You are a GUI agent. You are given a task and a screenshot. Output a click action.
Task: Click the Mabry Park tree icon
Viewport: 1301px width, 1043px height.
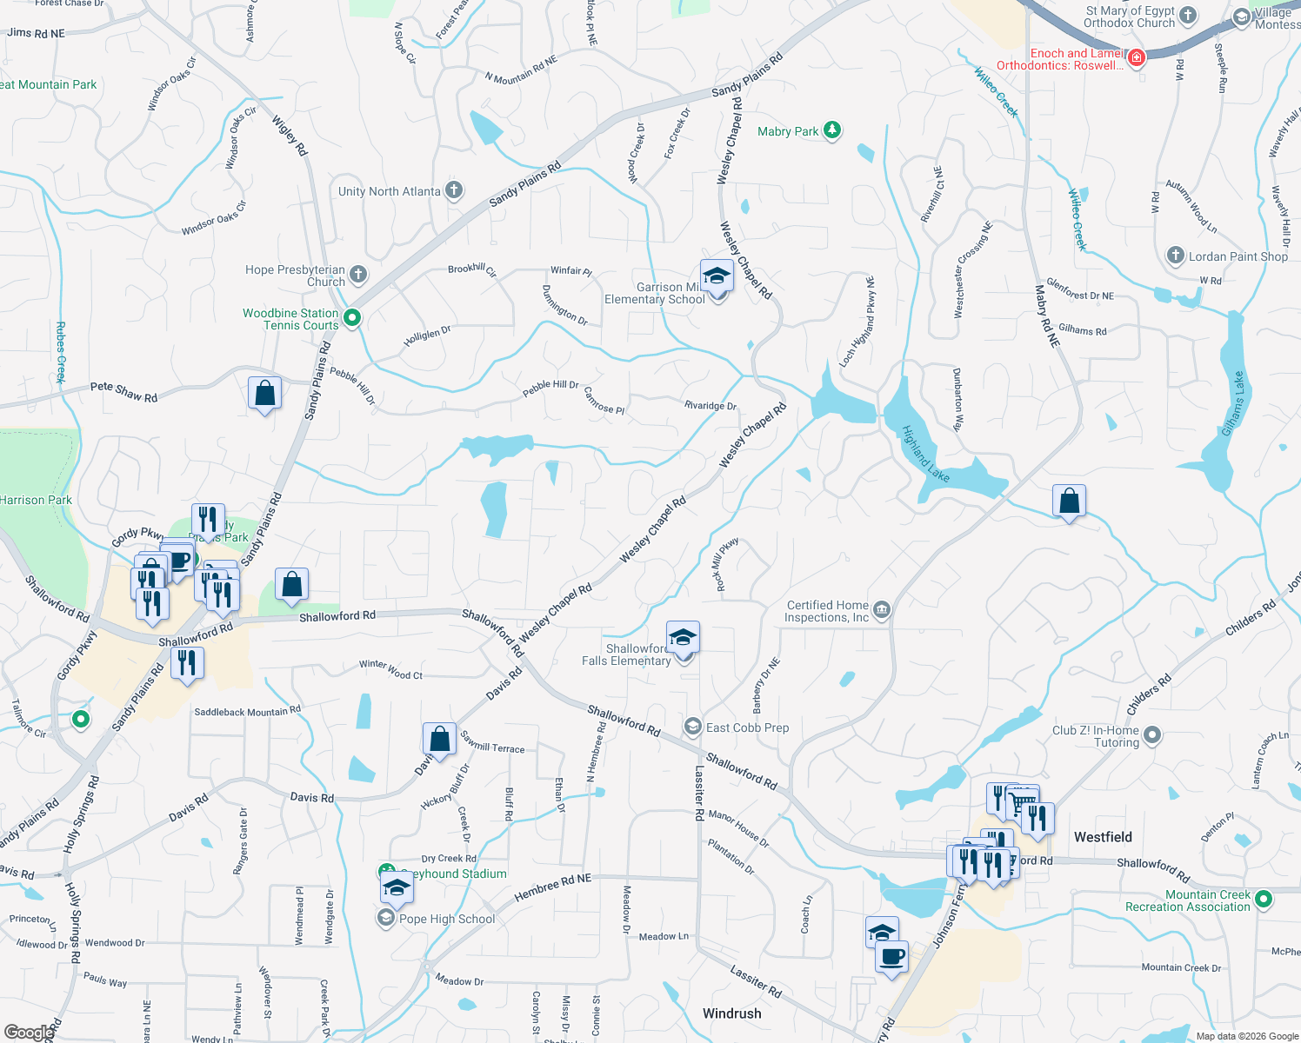pyautogui.click(x=832, y=130)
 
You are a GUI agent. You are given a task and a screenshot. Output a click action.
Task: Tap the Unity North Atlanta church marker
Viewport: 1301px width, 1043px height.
pyautogui.click(x=453, y=190)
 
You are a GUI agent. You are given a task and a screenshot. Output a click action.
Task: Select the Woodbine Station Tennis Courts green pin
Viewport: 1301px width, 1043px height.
pyautogui.click(x=352, y=318)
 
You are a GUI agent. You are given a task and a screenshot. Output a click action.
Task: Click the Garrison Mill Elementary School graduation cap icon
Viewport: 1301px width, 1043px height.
pyautogui.click(x=717, y=276)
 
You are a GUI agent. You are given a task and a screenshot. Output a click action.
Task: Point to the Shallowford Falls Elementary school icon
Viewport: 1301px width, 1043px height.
pyautogui.click(x=683, y=637)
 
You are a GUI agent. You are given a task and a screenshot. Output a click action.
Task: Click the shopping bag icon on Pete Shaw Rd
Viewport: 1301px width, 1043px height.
pyautogui.click(x=264, y=393)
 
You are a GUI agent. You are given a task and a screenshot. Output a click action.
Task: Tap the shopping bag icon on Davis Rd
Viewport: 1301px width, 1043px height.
pyautogui.click(x=439, y=739)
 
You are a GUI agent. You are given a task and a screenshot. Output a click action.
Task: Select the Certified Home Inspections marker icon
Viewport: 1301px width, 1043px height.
pyautogui.click(x=882, y=610)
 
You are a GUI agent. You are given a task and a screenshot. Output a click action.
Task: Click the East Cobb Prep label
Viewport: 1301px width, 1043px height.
pyautogui.click(x=747, y=727)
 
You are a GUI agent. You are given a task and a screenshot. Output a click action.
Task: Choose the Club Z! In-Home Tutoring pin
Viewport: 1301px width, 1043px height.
pyautogui.click(x=1152, y=735)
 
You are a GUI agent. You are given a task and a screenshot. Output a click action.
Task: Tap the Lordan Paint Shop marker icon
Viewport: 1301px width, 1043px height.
pyautogui.click(x=1175, y=256)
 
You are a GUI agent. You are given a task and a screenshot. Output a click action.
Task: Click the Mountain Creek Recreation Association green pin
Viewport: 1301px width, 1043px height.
pyautogui.click(x=1264, y=899)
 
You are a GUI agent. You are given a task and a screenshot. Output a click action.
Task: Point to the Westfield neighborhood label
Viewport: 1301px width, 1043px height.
pyautogui.click(x=1103, y=837)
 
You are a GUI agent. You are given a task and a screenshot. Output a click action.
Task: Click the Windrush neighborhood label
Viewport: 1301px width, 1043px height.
pyautogui.click(x=731, y=1013)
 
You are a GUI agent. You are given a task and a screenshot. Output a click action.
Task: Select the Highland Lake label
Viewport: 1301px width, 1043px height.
pyautogui.click(x=925, y=454)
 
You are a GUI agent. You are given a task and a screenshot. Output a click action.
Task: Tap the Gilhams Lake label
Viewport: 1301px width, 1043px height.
pyautogui.click(x=1233, y=404)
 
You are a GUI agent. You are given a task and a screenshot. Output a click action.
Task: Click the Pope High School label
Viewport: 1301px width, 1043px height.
pyautogui.click(x=447, y=919)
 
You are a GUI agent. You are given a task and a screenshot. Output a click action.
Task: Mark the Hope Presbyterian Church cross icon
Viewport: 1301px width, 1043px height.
pyautogui.click(x=357, y=275)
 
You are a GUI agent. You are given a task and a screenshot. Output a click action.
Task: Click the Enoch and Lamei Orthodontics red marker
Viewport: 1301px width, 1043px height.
pyautogui.click(x=1136, y=58)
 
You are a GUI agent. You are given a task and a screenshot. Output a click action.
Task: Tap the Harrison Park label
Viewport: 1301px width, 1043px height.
pyautogui.click(x=36, y=500)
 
